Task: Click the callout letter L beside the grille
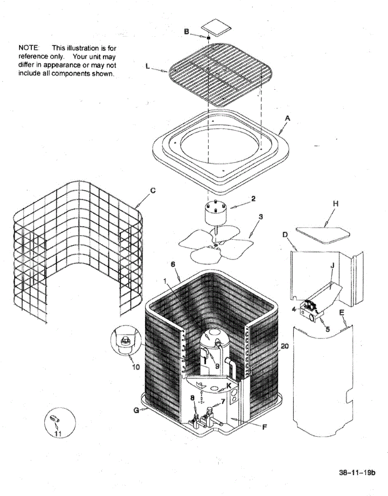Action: pyautogui.click(x=148, y=67)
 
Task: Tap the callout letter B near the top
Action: pyautogui.click(x=186, y=31)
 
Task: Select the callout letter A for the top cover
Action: pyautogui.click(x=288, y=118)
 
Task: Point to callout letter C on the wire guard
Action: pyautogui.click(x=153, y=191)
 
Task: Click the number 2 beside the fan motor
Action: pyautogui.click(x=253, y=199)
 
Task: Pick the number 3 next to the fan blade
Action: pyautogui.click(x=261, y=217)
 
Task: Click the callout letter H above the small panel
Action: pyautogui.click(x=336, y=203)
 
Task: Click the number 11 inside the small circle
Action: pyautogui.click(x=58, y=434)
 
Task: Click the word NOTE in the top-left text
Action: pyautogui.click(x=27, y=48)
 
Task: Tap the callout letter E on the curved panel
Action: pyautogui.click(x=342, y=313)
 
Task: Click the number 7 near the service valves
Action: pyautogui.click(x=223, y=401)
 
